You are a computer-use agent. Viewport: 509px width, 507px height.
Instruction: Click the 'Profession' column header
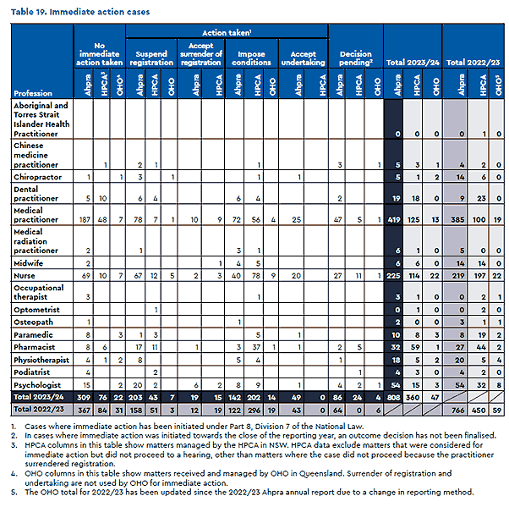33,92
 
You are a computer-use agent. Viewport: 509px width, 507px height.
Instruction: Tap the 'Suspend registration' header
151,58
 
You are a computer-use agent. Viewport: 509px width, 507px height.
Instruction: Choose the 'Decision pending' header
353,58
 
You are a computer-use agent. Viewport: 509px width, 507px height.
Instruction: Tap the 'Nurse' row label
24,276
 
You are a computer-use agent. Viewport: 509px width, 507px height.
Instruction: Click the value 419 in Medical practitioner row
395,220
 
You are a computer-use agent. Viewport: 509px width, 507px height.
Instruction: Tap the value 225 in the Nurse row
395,276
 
